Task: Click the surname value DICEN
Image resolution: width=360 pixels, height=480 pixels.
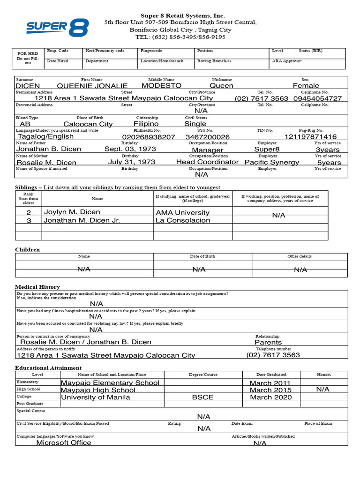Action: tap(28, 86)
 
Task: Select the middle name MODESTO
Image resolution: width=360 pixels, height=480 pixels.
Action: tap(161, 86)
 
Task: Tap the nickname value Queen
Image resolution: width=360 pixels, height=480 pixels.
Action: tap(221, 86)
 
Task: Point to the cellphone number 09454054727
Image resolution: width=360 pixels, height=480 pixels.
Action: tap(317, 98)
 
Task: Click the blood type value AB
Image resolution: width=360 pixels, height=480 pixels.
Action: tap(25, 124)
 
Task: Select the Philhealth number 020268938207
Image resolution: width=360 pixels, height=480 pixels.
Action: tap(148, 137)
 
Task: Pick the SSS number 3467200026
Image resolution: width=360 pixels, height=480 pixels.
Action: tap(208, 137)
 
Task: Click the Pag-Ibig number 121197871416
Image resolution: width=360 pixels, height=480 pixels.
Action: tap(311, 137)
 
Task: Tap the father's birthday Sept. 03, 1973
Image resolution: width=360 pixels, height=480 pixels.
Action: tap(129, 149)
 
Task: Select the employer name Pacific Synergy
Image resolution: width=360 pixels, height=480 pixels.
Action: tap(272, 162)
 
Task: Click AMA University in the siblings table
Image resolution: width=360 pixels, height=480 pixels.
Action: tap(183, 212)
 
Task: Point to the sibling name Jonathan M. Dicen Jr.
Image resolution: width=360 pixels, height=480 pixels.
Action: tap(82, 220)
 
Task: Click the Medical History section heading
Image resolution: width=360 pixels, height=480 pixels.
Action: tap(37, 286)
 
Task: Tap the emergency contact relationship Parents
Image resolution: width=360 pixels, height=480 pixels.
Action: tap(268, 342)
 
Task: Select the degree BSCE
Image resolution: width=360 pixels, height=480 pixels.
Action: tap(202, 397)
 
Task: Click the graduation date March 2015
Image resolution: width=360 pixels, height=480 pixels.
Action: tap(270, 390)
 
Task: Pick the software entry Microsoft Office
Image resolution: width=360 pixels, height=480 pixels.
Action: tap(64, 442)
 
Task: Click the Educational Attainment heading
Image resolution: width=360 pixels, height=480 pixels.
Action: tap(48, 368)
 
